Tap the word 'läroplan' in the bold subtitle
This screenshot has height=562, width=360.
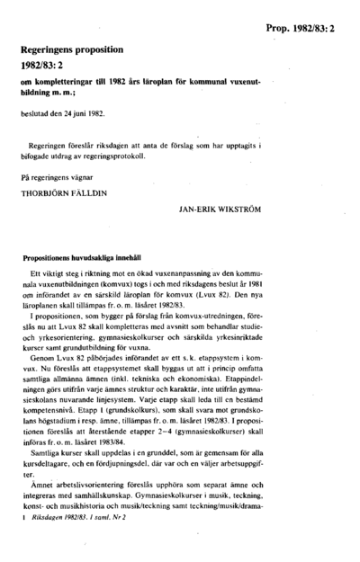[157, 83]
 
